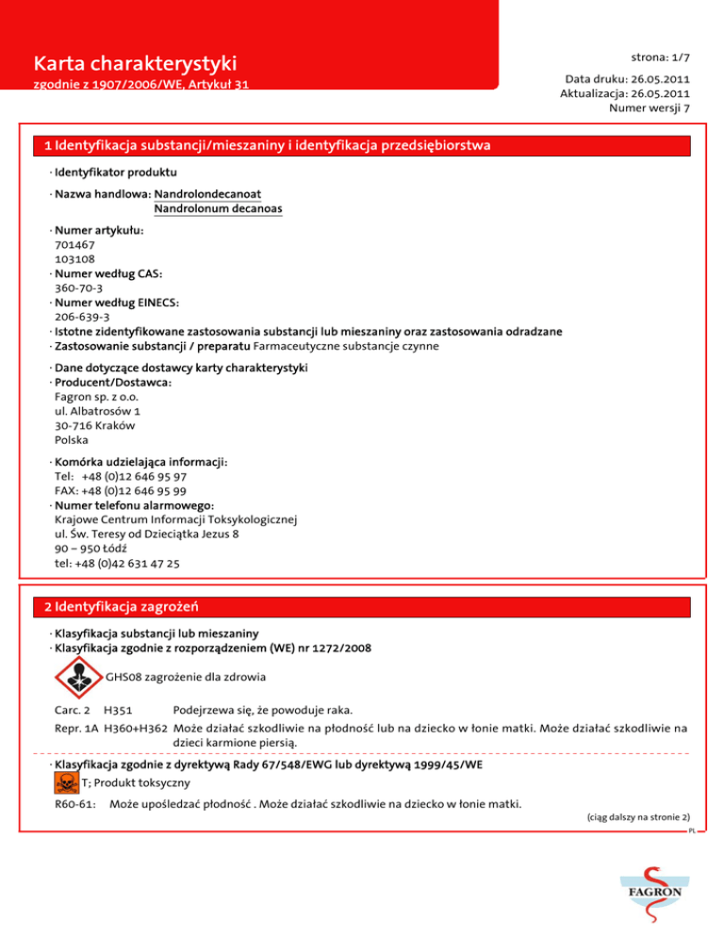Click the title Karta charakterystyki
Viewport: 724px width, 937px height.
pyautogui.click(x=134, y=65)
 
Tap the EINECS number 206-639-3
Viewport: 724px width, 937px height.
pyautogui.click(x=82, y=318)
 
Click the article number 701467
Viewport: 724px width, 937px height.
pyautogui.click(x=74, y=243)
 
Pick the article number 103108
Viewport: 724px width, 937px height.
pyautogui.click(x=74, y=257)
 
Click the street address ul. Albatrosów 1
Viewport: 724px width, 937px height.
pyautogui.click(x=98, y=411)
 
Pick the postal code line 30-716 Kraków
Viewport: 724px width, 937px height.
pyautogui.click(x=94, y=425)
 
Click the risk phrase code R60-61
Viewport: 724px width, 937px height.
pyautogui.click(x=73, y=803)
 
